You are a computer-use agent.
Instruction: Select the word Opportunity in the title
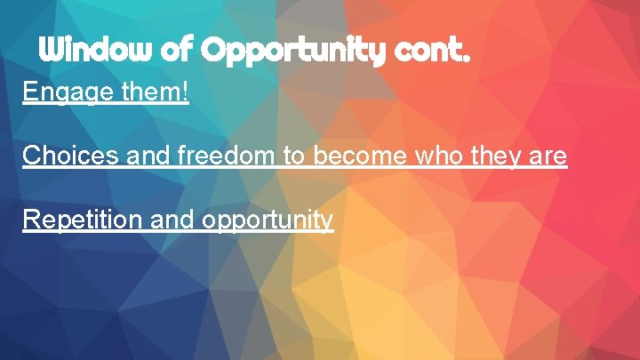pos(290,52)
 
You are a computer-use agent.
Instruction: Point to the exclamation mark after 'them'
pos(185,92)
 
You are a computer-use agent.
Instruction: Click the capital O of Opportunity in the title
pos(214,50)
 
